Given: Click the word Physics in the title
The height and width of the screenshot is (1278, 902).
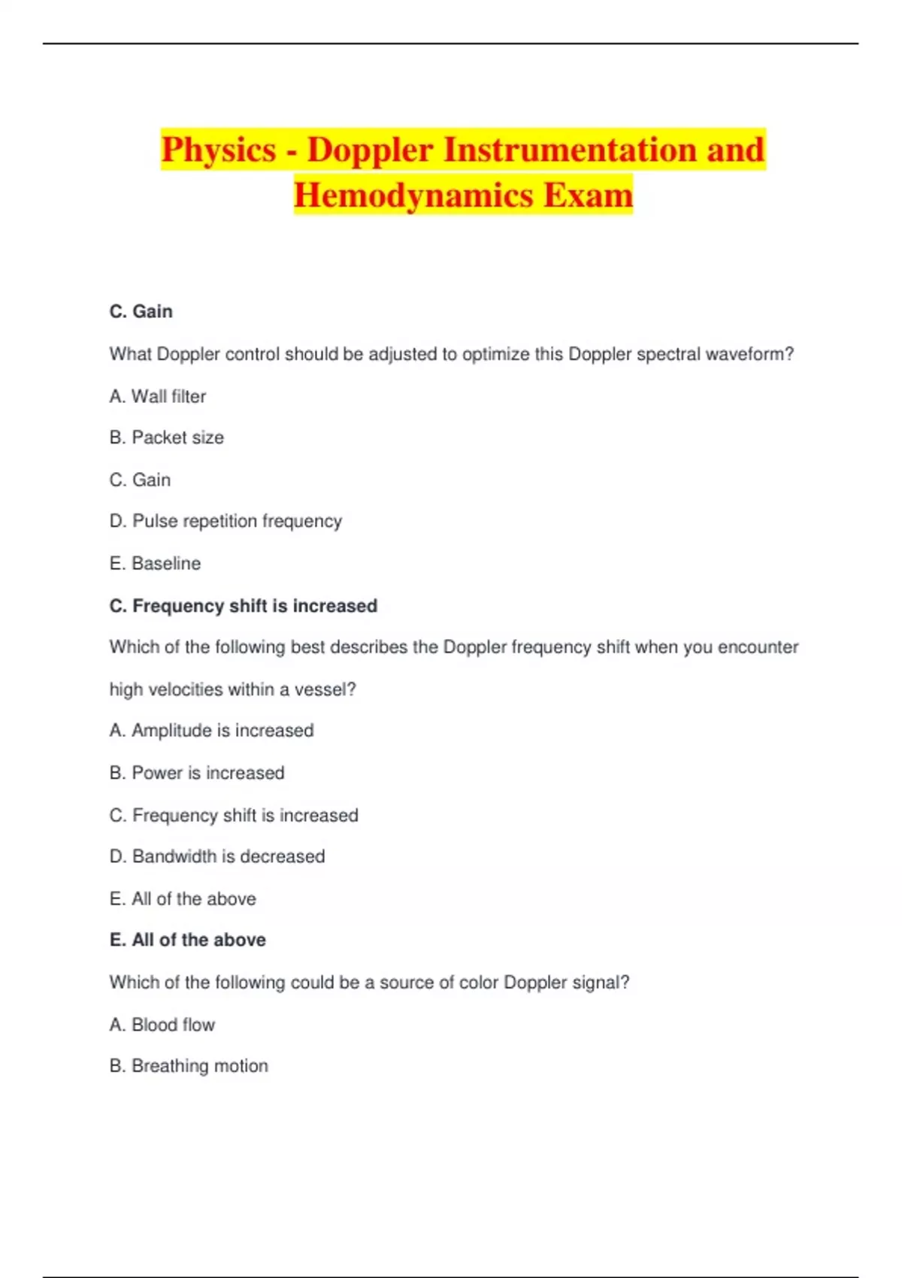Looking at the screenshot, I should (x=218, y=150).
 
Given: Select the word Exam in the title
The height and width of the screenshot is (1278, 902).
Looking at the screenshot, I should (x=588, y=195).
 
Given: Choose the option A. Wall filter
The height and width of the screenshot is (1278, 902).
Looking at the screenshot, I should (x=157, y=396).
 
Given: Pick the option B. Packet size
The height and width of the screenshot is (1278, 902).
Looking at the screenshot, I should (x=166, y=438).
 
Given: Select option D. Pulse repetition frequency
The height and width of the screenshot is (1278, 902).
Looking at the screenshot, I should (x=225, y=521).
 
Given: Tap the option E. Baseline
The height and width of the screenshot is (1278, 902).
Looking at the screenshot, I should (x=155, y=563).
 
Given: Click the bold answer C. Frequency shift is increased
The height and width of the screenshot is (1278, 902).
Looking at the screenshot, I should (x=243, y=606).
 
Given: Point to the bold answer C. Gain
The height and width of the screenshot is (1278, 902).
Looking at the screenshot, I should (x=141, y=311).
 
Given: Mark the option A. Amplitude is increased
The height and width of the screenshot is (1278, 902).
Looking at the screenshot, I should (x=211, y=730).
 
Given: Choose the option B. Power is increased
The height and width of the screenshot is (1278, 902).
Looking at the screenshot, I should (x=197, y=773).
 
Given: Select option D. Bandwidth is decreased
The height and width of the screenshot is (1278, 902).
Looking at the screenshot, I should (x=217, y=856).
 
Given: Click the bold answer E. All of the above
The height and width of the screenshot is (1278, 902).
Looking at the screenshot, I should (x=187, y=940).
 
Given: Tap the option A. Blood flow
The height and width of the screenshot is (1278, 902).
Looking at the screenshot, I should (x=162, y=1025).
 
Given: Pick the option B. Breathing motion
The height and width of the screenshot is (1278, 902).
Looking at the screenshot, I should (x=189, y=1066).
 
